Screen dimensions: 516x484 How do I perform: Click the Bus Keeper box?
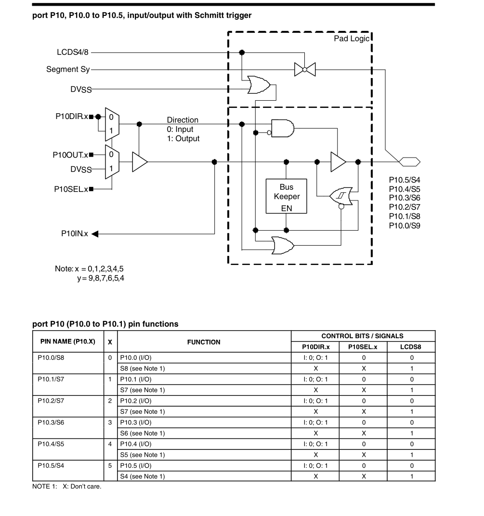tap(287, 197)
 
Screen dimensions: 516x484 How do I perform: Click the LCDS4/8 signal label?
tap(73, 53)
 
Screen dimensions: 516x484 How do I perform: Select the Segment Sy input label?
tap(68, 69)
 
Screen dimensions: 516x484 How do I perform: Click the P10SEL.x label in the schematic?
tap(71, 189)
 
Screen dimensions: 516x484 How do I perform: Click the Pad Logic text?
tap(351, 39)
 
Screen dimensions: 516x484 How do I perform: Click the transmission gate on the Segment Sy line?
tap(304, 70)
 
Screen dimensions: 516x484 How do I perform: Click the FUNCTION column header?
tap(204, 342)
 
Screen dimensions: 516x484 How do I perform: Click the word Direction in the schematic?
tap(183, 120)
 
